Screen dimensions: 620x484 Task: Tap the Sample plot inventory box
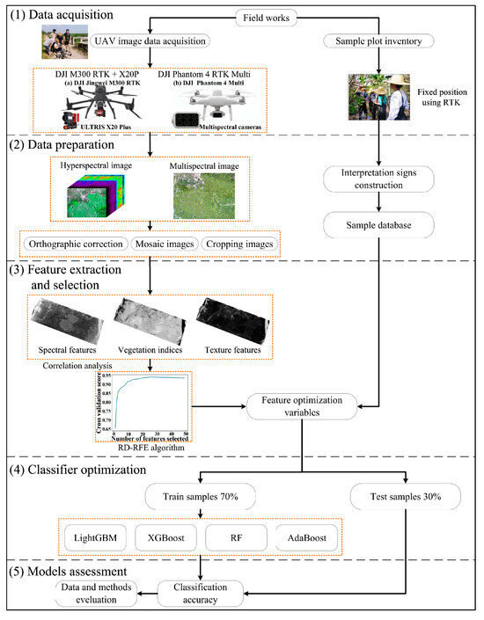pyautogui.click(x=382, y=41)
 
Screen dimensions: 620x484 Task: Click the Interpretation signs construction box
pyautogui.click(x=382, y=180)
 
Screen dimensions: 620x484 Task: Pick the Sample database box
pyautogui.click(x=382, y=227)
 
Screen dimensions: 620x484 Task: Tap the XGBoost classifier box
pyautogui.click(x=165, y=535)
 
